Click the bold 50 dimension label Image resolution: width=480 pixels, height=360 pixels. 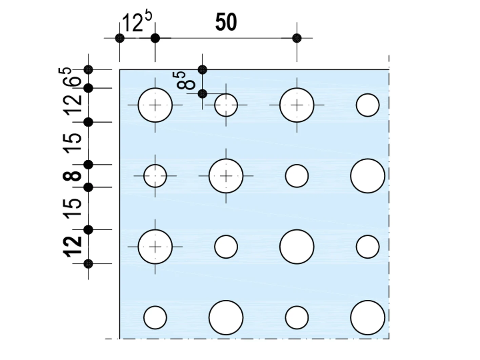pos(226,22)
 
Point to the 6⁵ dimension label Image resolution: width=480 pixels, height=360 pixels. pos(69,77)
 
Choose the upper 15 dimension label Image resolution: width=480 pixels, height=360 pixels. pos(72,143)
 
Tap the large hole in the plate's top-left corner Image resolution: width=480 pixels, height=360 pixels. pos(155,105)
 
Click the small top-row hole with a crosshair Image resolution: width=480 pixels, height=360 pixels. pos(226,105)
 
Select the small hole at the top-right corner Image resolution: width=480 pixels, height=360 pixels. pos(367,105)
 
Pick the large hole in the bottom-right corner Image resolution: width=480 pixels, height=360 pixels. pos(367,318)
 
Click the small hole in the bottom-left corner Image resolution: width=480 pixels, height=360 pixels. pos(155,318)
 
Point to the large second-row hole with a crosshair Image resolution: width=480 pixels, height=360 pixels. pos(226,176)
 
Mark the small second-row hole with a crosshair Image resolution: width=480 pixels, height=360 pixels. pos(155,176)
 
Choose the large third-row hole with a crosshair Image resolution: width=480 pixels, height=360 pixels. pos(155,247)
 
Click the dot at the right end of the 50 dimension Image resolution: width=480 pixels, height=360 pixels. pos(297,38)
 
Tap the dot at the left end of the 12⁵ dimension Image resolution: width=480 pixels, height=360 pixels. pos(120,38)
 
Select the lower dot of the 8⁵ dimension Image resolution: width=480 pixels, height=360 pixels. pos(202,94)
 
